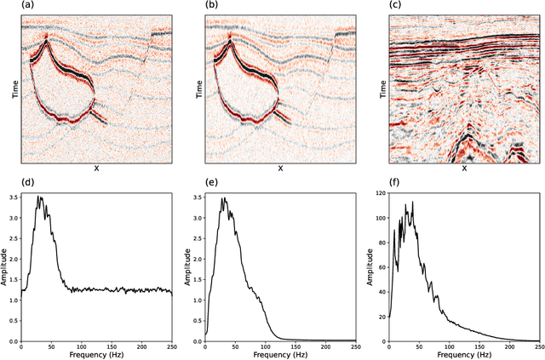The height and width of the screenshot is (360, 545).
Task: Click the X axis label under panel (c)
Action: click(464, 169)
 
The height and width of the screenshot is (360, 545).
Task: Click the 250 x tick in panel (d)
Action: click(171, 346)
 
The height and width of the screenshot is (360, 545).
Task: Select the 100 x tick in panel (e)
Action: click(265, 346)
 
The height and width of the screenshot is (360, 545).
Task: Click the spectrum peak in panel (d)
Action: click(37, 197)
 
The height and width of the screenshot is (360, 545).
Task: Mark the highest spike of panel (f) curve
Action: click(412, 203)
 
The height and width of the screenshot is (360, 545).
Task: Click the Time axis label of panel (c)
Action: click(381, 88)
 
